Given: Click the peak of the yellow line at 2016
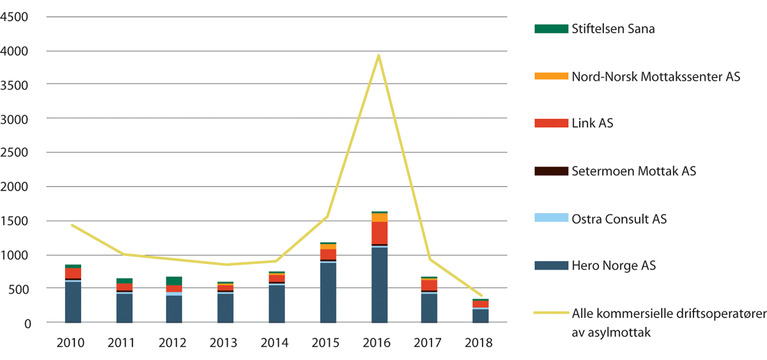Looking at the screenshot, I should (379, 55).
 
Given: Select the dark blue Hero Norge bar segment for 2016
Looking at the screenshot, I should (379, 285).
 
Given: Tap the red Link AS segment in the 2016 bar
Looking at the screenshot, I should (379, 233).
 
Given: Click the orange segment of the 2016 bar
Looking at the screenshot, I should (379, 217).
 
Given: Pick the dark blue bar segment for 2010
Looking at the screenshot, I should (73, 302).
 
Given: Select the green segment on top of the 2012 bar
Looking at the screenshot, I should (174, 281).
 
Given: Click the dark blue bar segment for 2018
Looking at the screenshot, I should (481, 316).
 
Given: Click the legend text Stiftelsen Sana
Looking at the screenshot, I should (613, 29).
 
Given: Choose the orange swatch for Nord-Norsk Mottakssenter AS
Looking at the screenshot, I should (551, 77).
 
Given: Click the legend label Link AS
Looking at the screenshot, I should (593, 123).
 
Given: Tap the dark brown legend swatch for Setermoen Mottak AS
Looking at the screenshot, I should (551, 171).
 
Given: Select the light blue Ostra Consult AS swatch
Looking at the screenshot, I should (551, 219).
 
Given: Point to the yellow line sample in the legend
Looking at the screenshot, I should (551, 314).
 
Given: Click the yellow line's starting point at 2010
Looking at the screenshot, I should (73, 225).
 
